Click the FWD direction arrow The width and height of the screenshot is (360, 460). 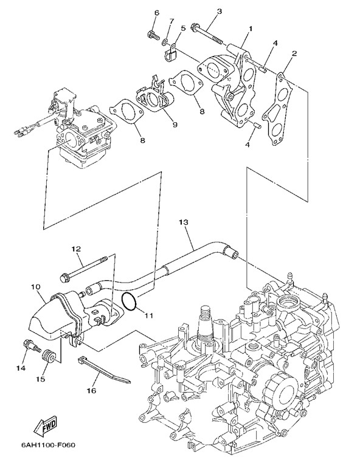(45, 426)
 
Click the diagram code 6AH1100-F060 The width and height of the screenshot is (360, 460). (48, 445)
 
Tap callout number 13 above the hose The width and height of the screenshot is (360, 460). (183, 222)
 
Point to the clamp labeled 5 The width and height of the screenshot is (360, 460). (170, 54)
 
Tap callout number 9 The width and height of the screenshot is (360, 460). (175, 125)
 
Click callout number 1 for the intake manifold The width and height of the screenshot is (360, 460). (251, 29)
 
